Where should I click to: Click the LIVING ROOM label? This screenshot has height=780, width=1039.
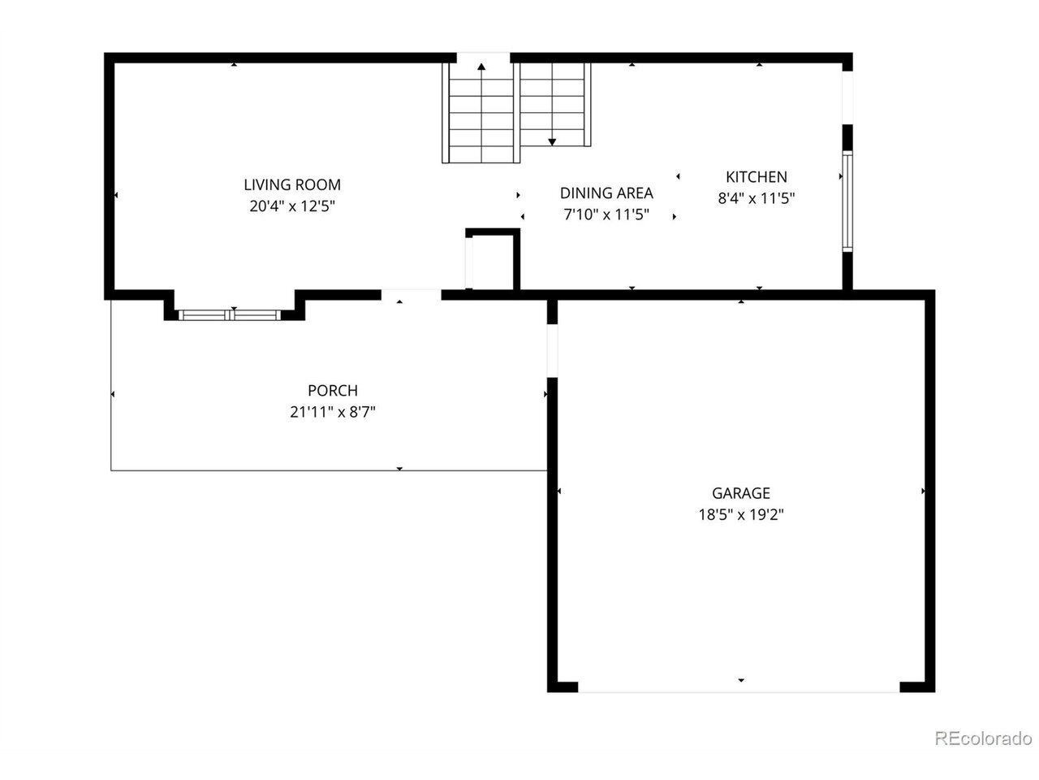click(292, 184)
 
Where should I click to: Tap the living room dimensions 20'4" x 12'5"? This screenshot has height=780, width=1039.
click(292, 206)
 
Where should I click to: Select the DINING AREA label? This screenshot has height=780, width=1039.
click(606, 193)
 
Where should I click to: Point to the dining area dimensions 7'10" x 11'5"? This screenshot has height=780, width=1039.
click(606, 214)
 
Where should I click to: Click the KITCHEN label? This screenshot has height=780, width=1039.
click(757, 176)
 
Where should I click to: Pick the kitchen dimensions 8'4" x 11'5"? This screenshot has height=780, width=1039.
click(757, 198)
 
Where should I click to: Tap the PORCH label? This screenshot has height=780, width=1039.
click(333, 390)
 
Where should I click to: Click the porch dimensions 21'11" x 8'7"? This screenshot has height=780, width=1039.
click(333, 412)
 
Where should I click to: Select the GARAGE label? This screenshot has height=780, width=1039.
click(741, 493)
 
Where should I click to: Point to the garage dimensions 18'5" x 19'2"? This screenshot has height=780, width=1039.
click(741, 514)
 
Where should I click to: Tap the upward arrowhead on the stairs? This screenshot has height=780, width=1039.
click(481, 67)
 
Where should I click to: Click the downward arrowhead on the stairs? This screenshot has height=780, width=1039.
click(552, 141)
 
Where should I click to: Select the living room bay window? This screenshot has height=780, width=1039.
click(230, 315)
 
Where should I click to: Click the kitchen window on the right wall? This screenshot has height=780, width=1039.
click(847, 201)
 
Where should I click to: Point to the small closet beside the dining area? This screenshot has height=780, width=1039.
click(492, 259)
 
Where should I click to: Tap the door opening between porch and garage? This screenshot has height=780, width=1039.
click(553, 350)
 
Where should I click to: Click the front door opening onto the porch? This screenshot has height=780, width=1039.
click(411, 295)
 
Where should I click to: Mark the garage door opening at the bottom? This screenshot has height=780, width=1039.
click(739, 691)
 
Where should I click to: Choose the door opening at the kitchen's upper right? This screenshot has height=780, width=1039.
click(847, 97)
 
